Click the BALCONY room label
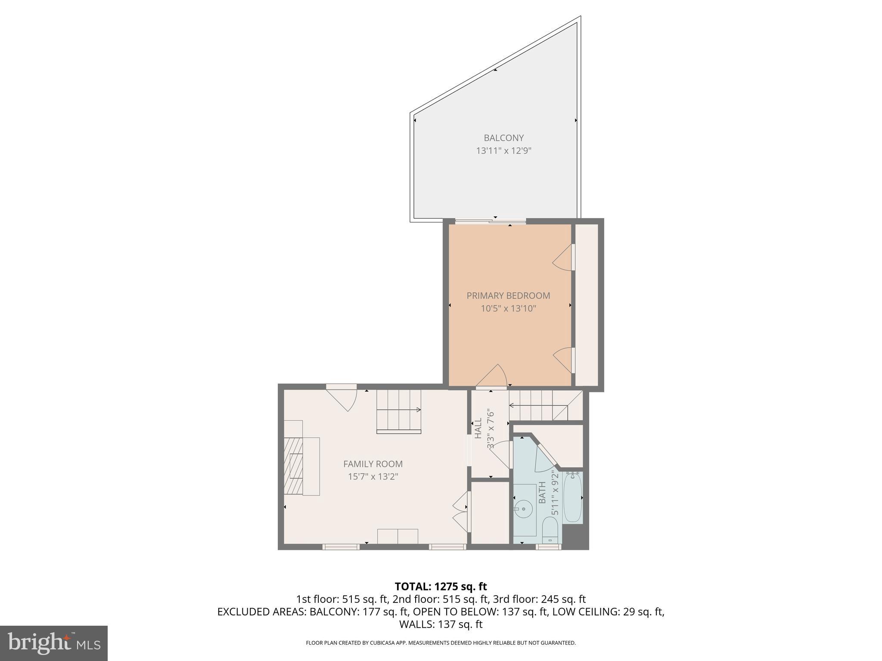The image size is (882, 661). click(503, 138)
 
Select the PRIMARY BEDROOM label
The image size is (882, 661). click(508, 296)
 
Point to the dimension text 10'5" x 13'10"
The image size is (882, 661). click(508, 309)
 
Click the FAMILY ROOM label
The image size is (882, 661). click(373, 464)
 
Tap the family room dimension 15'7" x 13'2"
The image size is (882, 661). click(373, 477)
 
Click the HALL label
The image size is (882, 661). click(478, 429)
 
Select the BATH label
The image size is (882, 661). click(542, 492)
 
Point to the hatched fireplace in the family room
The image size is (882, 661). click(294, 466)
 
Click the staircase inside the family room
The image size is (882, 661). click(399, 411)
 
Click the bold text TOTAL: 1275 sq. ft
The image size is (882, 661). click(441, 586)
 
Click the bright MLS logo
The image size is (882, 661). click(54, 643)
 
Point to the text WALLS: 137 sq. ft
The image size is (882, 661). click(441, 624)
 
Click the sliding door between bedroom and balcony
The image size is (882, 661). click(491, 222)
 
